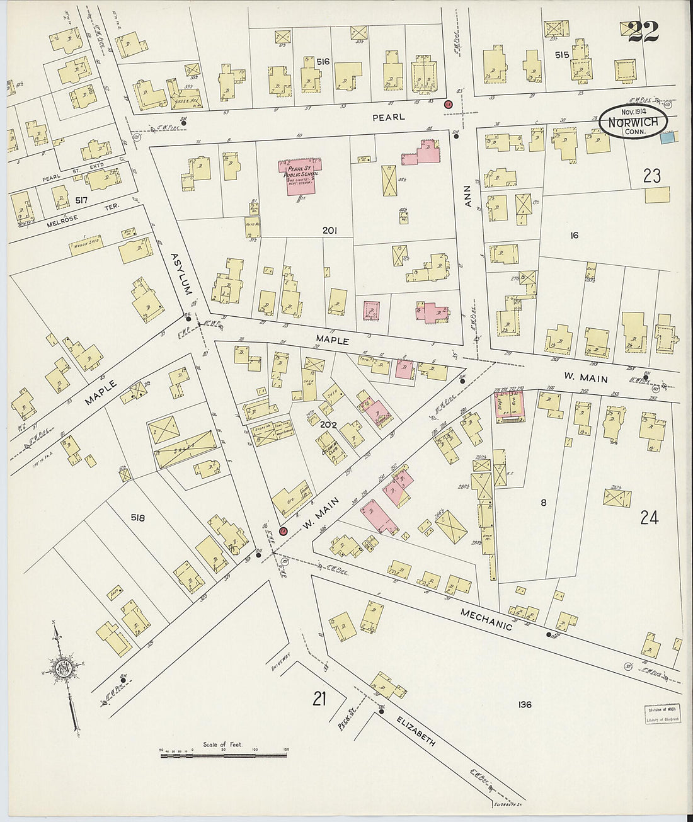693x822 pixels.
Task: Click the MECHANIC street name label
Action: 486,619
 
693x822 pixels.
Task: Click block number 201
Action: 329,231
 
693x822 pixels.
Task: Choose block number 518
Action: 138,518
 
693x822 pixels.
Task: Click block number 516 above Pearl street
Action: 323,61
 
